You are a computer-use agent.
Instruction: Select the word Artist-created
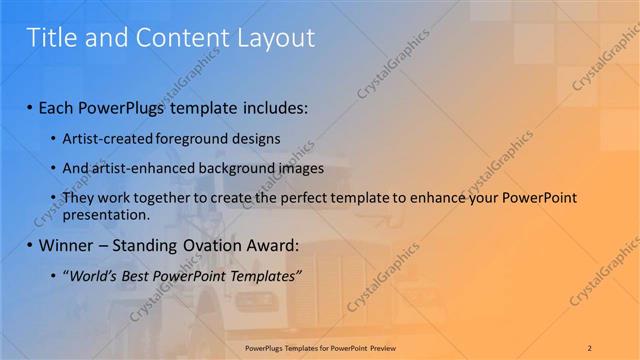[x=105, y=139]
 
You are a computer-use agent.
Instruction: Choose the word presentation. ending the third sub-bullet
[x=106, y=215]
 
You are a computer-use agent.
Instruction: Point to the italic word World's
[x=93, y=276]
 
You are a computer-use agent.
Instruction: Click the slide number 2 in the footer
[x=590, y=347]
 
